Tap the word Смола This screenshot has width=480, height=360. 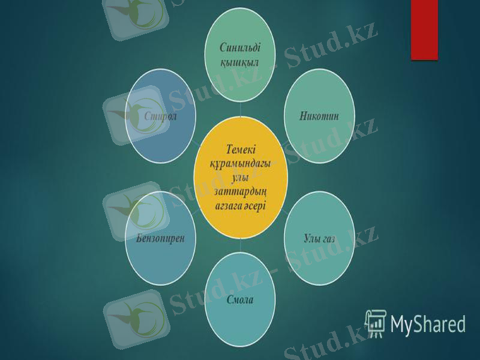pyautogui.click(x=240, y=299)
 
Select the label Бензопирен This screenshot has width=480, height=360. pyautogui.click(x=160, y=237)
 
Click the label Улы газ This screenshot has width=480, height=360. pyautogui.click(x=319, y=239)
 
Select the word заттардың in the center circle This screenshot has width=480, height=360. pyautogui.click(x=240, y=192)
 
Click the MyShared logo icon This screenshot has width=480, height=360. pyautogui.click(x=376, y=322)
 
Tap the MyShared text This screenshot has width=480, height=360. pyautogui.click(x=428, y=324)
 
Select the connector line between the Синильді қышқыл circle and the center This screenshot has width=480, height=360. pyautogui.click(x=240, y=109)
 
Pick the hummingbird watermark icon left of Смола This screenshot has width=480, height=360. pyautogui.click(x=135, y=312)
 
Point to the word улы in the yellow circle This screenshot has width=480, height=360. pyautogui.click(x=240, y=178)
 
